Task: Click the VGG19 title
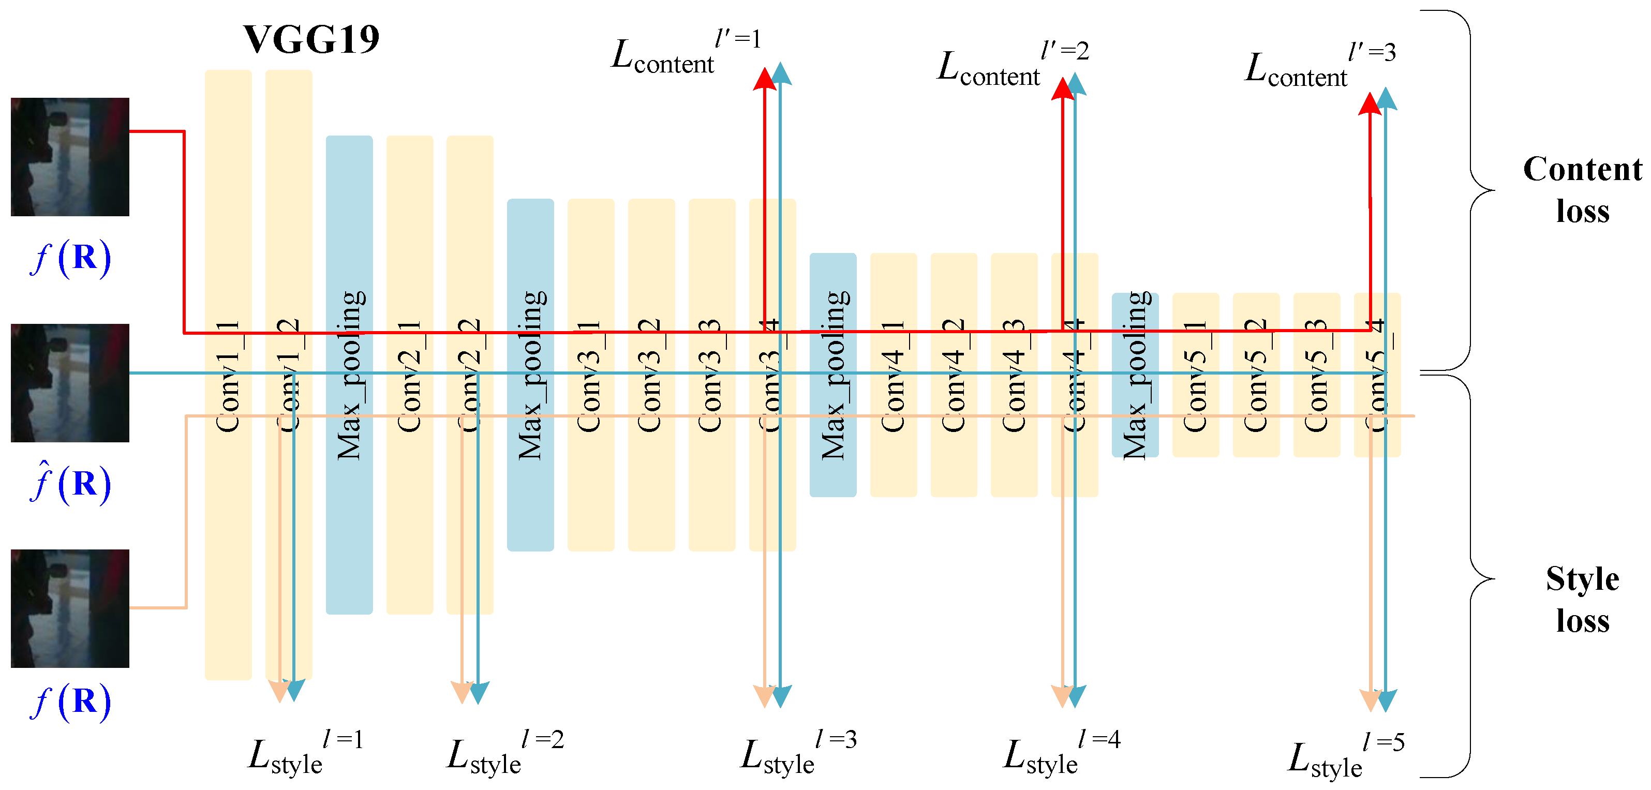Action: [x=311, y=40]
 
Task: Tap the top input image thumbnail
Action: [x=70, y=157]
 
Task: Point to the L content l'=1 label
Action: [x=686, y=54]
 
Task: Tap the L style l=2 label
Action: [x=504, y=754]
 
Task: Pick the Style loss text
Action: [x=1582, y=599]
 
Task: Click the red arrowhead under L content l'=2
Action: [x=1063, y=89]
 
